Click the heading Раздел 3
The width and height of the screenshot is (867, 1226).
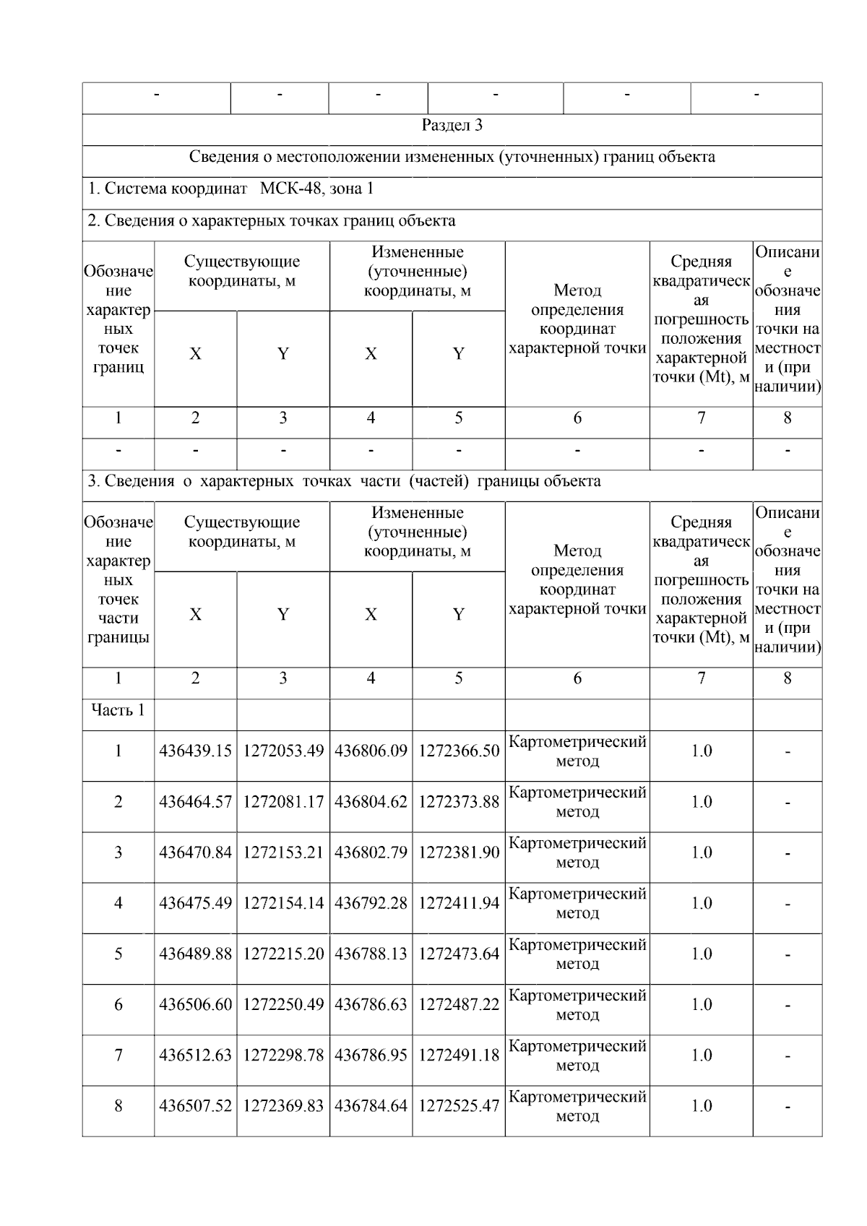pos(452,126)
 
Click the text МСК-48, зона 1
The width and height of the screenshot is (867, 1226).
pos(316,189)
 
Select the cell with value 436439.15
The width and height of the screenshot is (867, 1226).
pos(195,751)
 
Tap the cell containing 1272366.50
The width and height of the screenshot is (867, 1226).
pos(458,751)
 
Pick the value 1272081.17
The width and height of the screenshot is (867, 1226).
pos(282,802)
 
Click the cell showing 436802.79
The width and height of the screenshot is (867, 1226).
pos(371,852)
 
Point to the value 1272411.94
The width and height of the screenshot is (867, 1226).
pos(458,903)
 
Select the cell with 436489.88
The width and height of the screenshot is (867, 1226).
pos(195,954)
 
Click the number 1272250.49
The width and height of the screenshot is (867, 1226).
pos(282,1005)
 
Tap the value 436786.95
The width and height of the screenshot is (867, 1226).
pos(371,1056)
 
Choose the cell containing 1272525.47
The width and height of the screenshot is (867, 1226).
pos(458,1106)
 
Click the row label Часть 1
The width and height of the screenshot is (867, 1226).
pos(118,710)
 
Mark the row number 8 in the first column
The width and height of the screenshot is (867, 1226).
pos(118,1106)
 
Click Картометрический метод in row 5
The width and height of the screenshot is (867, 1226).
pos(577,954)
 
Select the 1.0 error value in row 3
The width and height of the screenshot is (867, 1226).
pos(701,852)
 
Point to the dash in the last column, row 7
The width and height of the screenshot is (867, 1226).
pos(787,1056)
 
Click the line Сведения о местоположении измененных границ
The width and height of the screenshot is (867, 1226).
pos(452,157)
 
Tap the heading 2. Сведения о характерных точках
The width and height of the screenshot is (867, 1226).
pos(271,221)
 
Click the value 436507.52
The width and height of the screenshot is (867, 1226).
pos(195,1106)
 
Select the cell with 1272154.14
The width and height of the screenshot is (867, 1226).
pos(282,903)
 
